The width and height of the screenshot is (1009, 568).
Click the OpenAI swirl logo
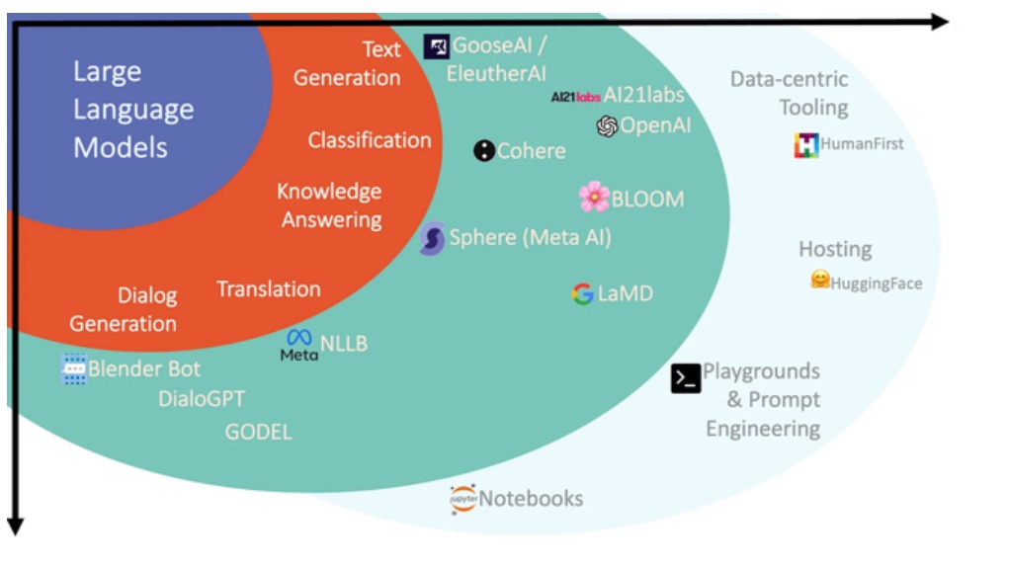coord(607,126)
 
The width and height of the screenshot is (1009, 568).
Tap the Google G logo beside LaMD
coord(582,293)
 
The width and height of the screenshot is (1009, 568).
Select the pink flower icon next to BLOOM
coord(594,197)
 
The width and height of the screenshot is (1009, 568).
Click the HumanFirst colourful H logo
coord(805,145)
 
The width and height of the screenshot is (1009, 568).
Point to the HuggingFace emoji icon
coord(819,281)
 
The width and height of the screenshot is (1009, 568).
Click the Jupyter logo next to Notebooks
coord(462,499)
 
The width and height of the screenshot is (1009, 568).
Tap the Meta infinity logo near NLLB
coord(299,339)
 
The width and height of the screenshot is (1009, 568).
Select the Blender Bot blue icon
coord(73,369)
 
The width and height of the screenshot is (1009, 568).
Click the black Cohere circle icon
coord(483,151)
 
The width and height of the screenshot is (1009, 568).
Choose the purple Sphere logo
coord(432,239)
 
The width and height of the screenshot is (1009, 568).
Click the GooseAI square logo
coord(436,46)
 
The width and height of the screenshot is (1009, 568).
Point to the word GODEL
coord(258,432)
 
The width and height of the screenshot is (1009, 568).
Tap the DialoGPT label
coord(202,399)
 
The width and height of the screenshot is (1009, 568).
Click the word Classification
coord(370,140)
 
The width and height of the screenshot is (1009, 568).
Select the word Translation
coord(269,289)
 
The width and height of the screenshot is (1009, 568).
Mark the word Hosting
coord(835,249)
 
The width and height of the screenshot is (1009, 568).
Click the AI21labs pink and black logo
coord(576,97)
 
